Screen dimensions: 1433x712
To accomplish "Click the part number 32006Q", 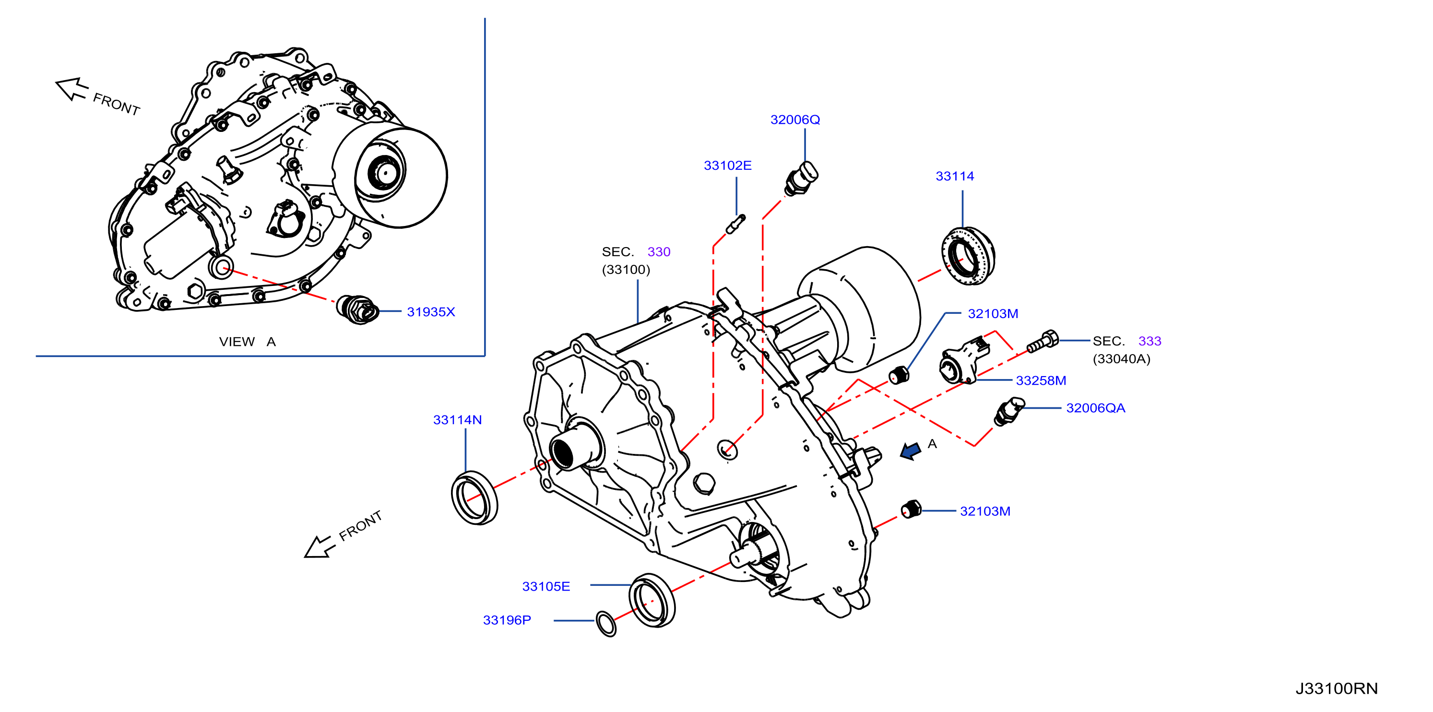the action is pos(795,119).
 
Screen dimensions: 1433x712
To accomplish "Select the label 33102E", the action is pos(728,165).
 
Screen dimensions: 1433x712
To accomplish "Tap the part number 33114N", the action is pos(457,420).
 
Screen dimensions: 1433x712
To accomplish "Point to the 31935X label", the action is pos(431,312).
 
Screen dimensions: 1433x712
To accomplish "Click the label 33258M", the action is pos(1041,380).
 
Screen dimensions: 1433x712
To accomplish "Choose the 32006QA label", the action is pos(1095,408).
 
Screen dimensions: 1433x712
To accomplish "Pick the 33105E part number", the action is pos(546,586).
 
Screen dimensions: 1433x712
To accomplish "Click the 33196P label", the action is pos(507,620).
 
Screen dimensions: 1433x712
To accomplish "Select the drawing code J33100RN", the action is pos(1337,688).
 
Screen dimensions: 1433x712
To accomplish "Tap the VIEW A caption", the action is pos(248,342).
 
